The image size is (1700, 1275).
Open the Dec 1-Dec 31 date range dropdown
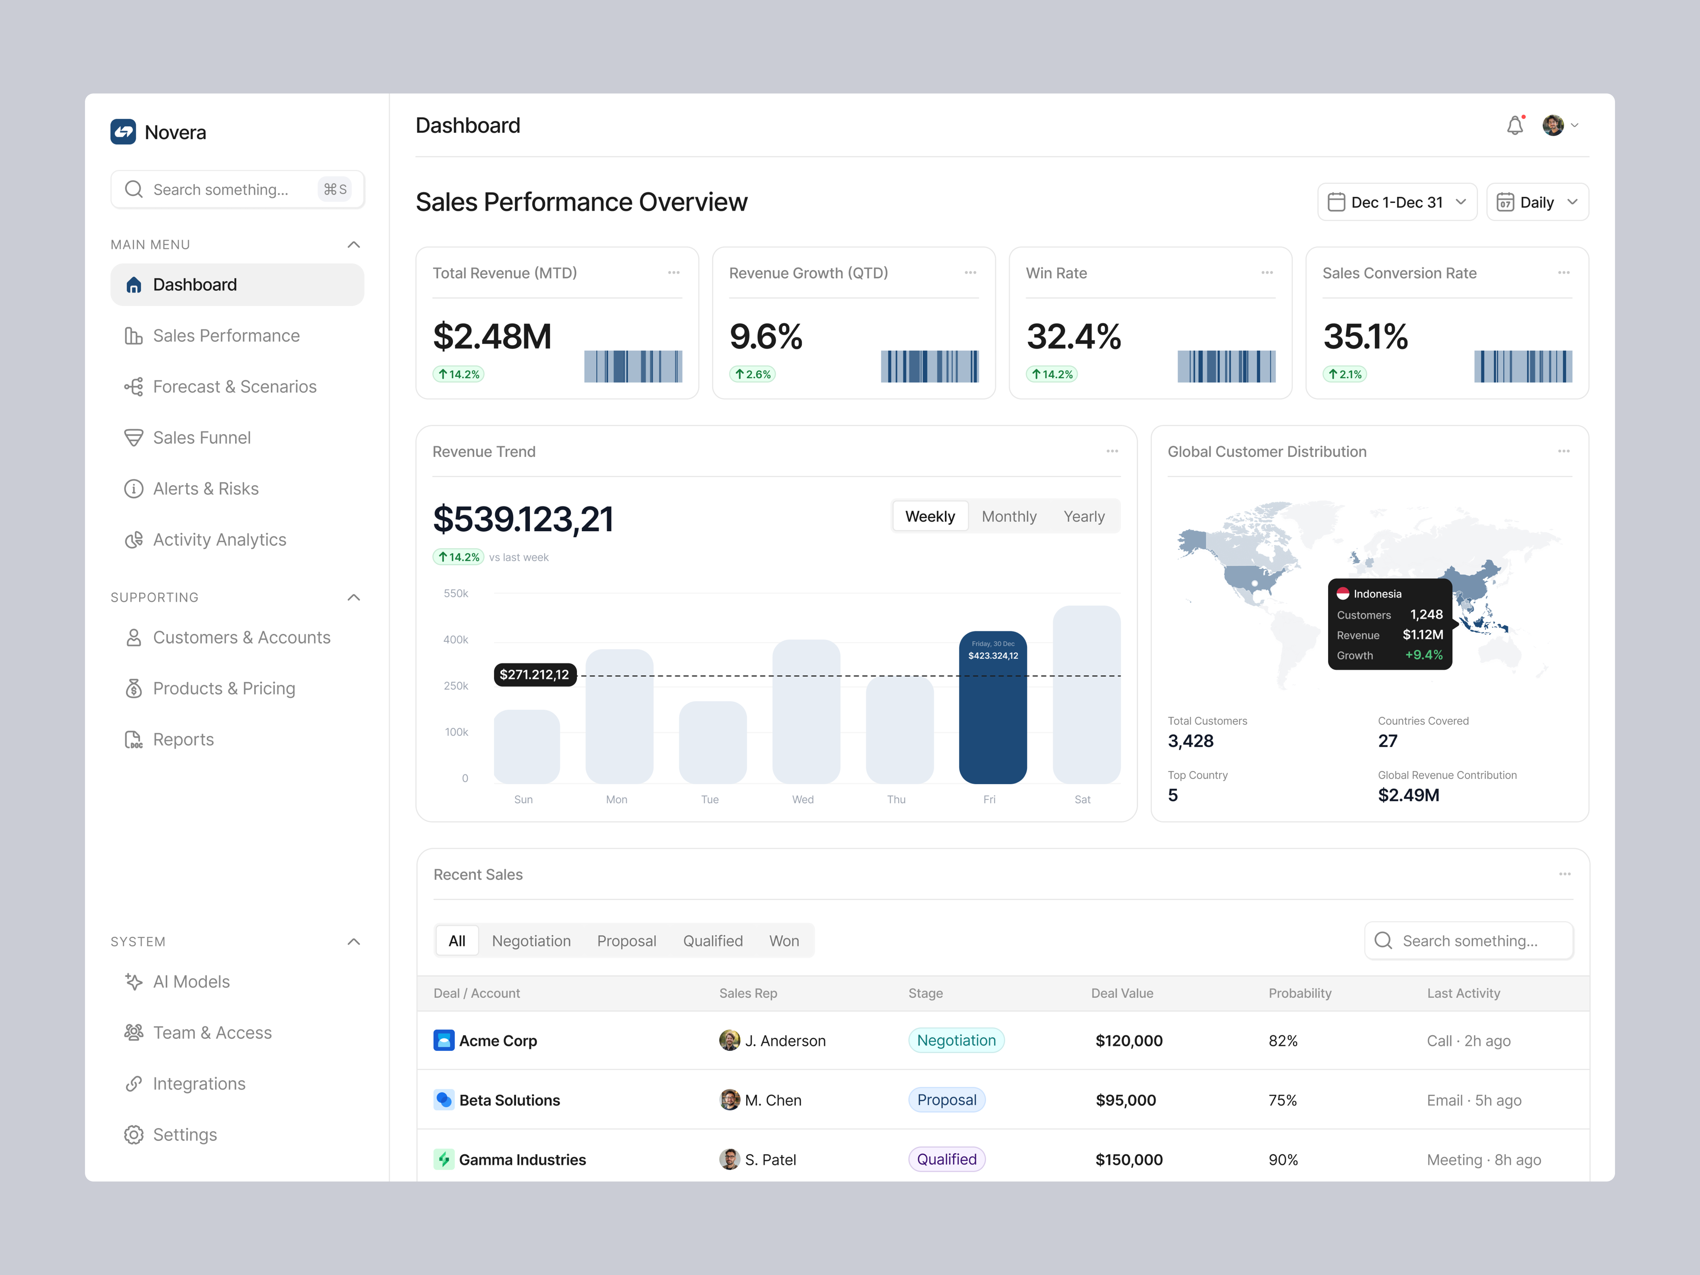click(1396, 202)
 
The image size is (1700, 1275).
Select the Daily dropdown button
click(1537, 202)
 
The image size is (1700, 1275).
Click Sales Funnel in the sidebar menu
click(202, 437)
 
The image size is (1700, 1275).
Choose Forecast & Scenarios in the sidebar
click(234, 387)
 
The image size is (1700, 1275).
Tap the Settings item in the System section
click(185, 1134)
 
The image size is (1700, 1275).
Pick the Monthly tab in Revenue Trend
click(1008, 516)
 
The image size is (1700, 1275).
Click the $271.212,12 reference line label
click(534, 675)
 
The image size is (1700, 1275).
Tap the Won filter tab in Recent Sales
click(784, 941)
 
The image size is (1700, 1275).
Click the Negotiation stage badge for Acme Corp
click(956, 1041)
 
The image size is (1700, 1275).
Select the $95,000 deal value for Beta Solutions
click(1125, 1100)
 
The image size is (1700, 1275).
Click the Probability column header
click(1299, 993)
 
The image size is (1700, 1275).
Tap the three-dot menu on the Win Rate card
click(1266, 273)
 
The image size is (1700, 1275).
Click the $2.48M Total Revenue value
click(492, 336)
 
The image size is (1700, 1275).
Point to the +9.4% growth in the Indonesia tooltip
click(1423, 655)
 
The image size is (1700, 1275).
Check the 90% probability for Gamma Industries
click(1283, 1160)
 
